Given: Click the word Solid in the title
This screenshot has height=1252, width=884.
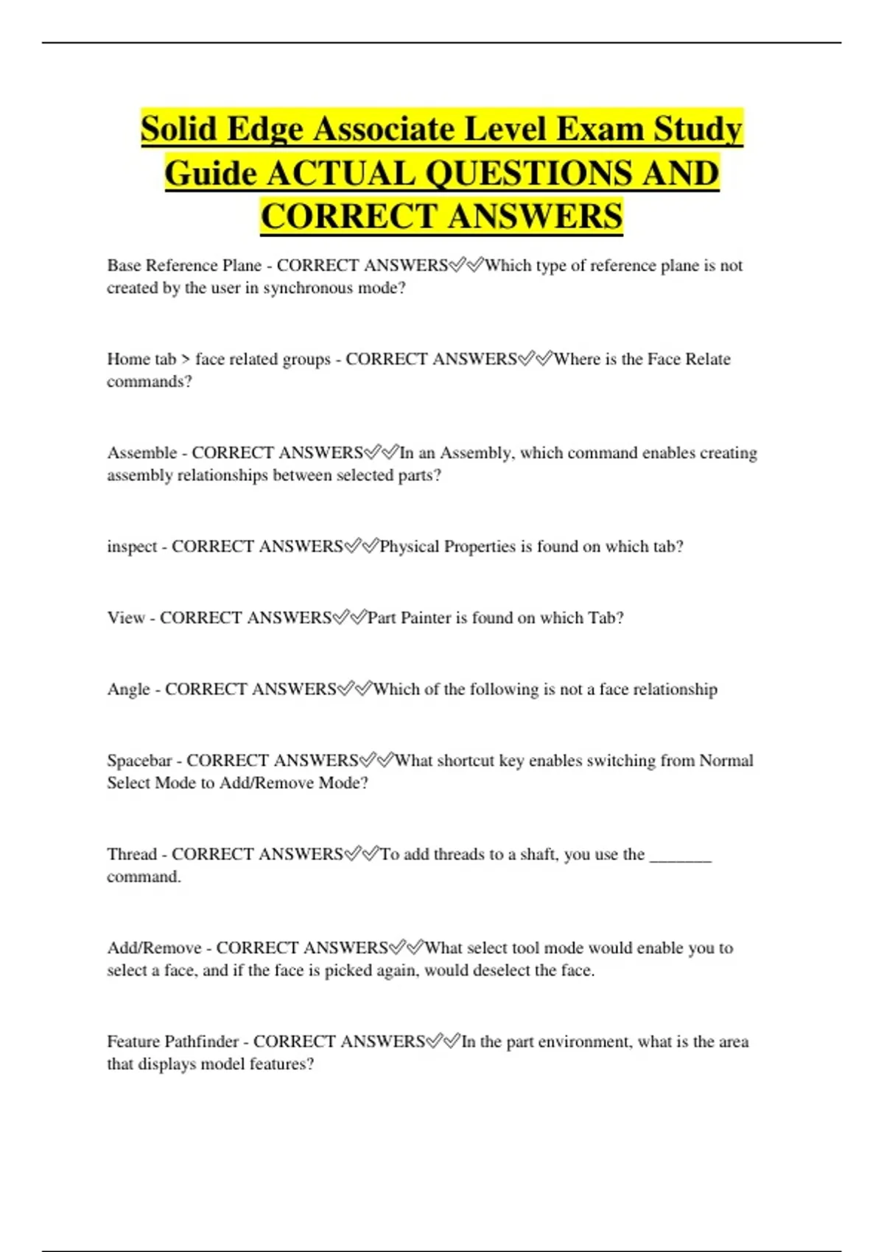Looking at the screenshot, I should click(x=180, y=129).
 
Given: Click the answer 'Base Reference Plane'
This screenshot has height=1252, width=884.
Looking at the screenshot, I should click(x=184, y=265).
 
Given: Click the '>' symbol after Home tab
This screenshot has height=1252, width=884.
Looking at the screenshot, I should click(x=186, y=359).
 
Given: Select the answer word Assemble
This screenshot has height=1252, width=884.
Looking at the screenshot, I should click(x=142, y=453).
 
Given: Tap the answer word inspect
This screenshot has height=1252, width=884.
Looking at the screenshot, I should click(x=133, y=546).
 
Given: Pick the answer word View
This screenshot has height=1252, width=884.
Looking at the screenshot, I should click(x=126, y=618).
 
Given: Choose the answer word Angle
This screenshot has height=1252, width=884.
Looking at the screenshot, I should click(x=129, y=689).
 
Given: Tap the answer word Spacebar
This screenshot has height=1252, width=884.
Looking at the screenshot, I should click(x=139, y=761).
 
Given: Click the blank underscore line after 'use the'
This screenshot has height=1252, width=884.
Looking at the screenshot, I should click(x=681, y=856).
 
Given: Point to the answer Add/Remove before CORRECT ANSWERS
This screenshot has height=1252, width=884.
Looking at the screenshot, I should click(x=154, y=948).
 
